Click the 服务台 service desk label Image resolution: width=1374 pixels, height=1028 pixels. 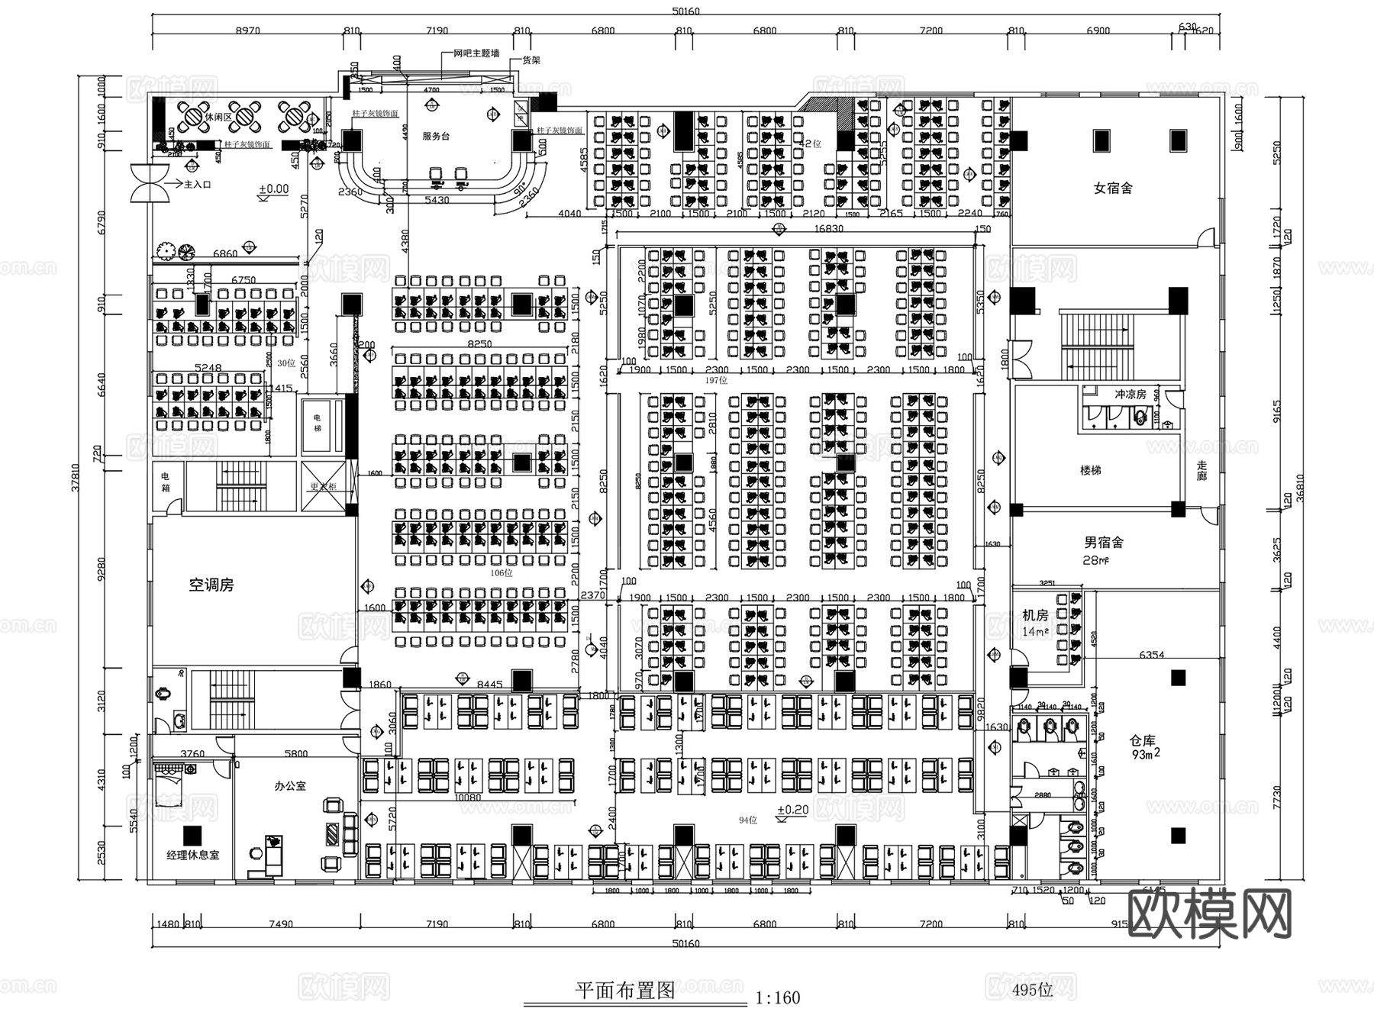pyautogui.click(x=436, y=136)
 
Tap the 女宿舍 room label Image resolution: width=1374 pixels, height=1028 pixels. pyautogui.click(x=1112, y=188)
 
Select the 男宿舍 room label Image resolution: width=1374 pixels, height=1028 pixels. pyautogui.click(x=1103, y=543)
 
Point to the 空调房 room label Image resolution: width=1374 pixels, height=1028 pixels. pyautogui.click(x=211, y=585)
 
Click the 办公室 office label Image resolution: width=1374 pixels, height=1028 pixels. pyautogui.click(x=290, y=785)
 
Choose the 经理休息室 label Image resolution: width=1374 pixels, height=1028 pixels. pyautogui.click(x=192, y=855)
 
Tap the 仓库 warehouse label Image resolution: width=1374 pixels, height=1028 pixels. pyautogui.click(x=1143, y=740)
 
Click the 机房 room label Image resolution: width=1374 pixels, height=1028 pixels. pyautogui.click(x=1035, y=615)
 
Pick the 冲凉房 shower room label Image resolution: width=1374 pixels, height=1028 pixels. pyautogui.click(x=1130, y=395)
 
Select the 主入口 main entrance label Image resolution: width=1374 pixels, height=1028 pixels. pyautogui.click(x=197, y=185)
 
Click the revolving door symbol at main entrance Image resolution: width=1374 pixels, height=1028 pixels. pyautogui.click(x=147, y=184)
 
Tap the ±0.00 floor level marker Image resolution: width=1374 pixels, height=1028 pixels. pyautogui.click(x=273, y=189)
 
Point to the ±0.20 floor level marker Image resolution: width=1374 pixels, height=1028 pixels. pyautogui.click(x=792, y=810)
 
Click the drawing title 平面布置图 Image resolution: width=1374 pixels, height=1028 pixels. pyautogui.click(x=625, y=991)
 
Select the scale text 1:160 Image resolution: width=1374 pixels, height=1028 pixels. pyautogui.click(x=777, y=997)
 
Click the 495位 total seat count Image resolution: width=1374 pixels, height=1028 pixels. pyautogui.click(x=1032, y=990)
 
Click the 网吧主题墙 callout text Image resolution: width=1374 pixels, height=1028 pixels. pyautogui.click(x=476, y=53)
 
